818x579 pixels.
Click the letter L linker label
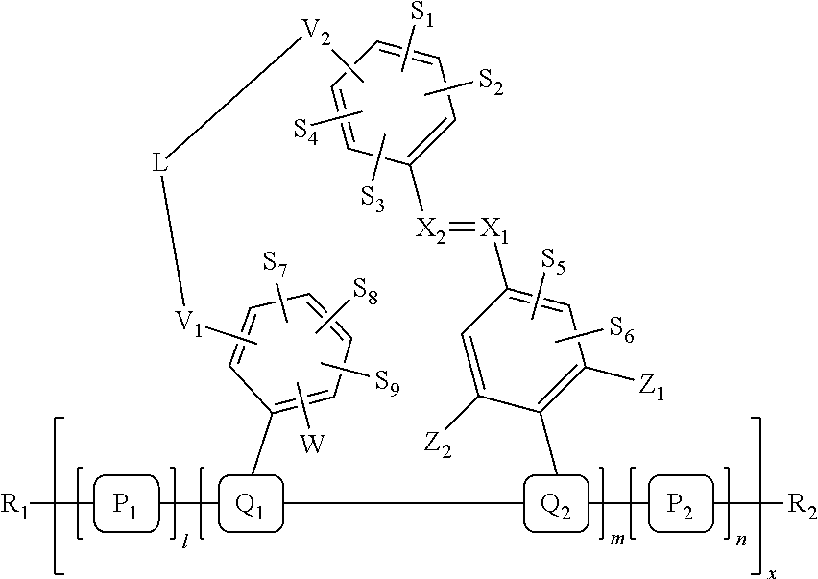(x=161, y=164)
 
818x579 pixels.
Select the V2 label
(x=318, y=41)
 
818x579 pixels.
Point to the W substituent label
(x=313, y=445)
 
